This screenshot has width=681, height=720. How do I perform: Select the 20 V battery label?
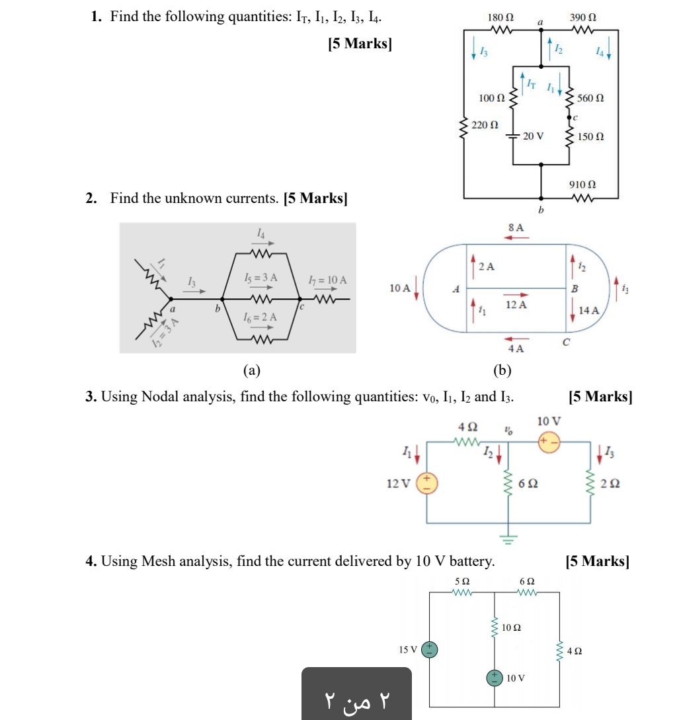point(533,136)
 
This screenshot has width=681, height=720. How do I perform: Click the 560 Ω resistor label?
point(590,98)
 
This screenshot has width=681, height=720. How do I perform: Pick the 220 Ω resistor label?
point(485,124)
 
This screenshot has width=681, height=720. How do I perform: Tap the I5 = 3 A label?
point(259,278)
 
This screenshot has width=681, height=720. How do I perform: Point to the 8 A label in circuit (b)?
point(516,227)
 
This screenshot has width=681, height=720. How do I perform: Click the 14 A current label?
point(588,310)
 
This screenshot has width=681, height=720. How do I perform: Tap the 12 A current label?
point(516,305)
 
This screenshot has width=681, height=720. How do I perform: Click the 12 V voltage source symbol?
point(426,483)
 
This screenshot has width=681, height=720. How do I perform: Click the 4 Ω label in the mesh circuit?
point(575,651)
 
